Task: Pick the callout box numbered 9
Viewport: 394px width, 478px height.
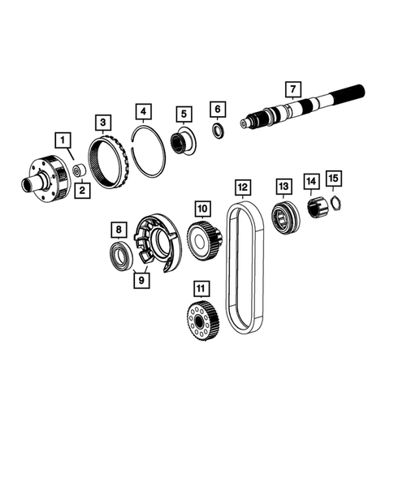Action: pyautogui.click(x=141, y=280)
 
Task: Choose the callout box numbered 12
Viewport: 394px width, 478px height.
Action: pyautogui.click(x=242, y=188)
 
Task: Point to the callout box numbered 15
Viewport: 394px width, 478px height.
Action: pyautogui.click(x=332, y=177)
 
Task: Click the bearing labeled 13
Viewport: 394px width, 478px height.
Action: pyautogui.click(x=284, y=218)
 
